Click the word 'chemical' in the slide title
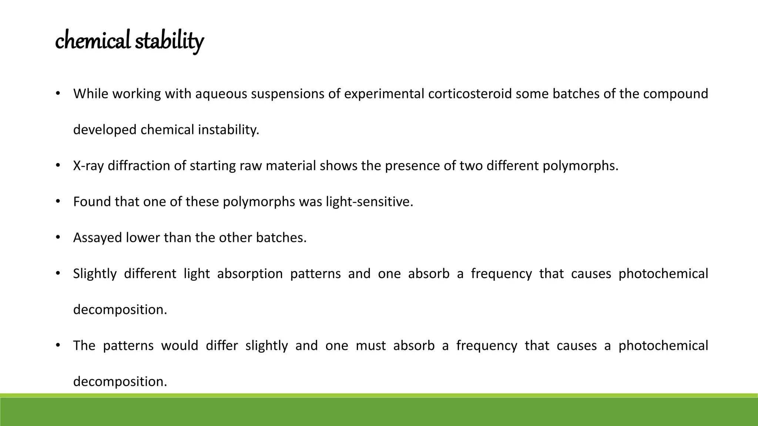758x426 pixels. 93,40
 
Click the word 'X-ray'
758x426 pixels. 88,166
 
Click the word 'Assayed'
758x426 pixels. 97,238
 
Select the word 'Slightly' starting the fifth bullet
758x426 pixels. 95,274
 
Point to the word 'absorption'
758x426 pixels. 250,274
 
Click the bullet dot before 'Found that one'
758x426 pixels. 58,202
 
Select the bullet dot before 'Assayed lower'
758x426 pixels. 58,237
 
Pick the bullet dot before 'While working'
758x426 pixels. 58,94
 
